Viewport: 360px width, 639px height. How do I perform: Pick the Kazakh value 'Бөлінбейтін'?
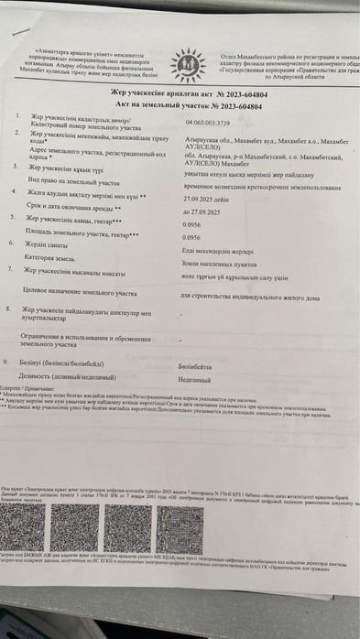[199, 364]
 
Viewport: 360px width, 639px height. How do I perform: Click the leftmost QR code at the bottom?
[37, 533]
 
